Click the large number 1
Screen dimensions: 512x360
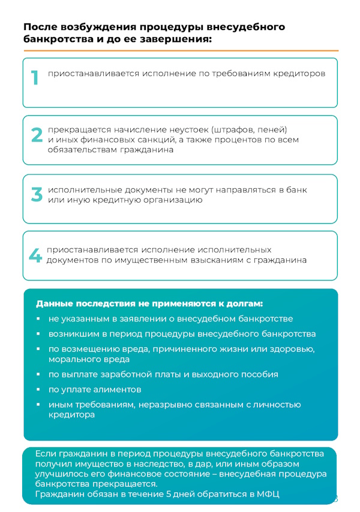[35, 77]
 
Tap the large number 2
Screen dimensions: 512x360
[37, 135]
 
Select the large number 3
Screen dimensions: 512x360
[37, 194]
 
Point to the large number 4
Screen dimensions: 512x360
[36, 255]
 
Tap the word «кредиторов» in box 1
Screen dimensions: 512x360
[296, 74]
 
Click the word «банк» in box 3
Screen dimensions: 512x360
[296, 189]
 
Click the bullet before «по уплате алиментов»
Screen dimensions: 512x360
[38, 390]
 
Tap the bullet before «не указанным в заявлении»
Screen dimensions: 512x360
[38, 319]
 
